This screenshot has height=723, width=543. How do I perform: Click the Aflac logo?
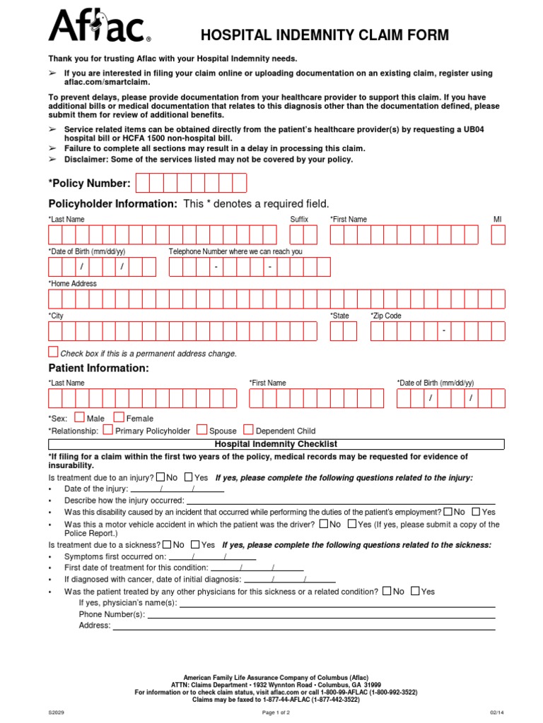tap(99, 28)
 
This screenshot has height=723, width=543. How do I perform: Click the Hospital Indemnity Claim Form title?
tap(325, 35)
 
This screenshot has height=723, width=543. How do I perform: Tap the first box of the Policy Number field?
tap(143, 184)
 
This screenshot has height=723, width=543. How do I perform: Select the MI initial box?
tap(498, 235)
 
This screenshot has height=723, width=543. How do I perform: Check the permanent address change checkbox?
tap(54, 352)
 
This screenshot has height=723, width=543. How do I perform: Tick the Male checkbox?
tap(79, 417)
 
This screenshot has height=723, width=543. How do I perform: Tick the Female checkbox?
tap(119, 417)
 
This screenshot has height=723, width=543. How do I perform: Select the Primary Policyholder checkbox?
tap(107, 429)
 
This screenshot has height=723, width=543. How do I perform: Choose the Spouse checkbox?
tap(202, 429)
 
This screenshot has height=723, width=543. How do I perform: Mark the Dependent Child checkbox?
tap(248, 429)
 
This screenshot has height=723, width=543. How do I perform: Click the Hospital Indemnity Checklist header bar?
tap(276, 444)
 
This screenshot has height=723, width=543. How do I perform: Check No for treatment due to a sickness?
tap(167, 544)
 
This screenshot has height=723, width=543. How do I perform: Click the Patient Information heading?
tap(98, 369)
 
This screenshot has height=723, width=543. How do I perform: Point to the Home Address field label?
tap(73, 284)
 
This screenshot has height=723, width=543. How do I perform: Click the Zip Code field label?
tap(386, 316)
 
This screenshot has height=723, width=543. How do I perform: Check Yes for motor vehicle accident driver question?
tap(351, 524)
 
